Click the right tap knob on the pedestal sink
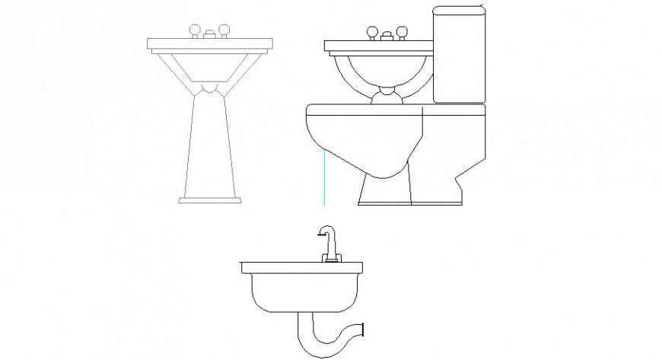(x=225, y=32)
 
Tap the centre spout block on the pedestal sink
(x=210, y=34)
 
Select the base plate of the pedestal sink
(x=211, y=200)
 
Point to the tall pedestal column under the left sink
(x=211, y=145)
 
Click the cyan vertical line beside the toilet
(x=324, y=177)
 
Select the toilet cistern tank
(x=459, y=55)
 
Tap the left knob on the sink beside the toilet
(x=373, y=32)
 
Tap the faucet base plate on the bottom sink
(x=330, y=260)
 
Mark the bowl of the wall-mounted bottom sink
(x=301, y=294)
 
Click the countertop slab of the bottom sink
(x=301, y=267)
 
